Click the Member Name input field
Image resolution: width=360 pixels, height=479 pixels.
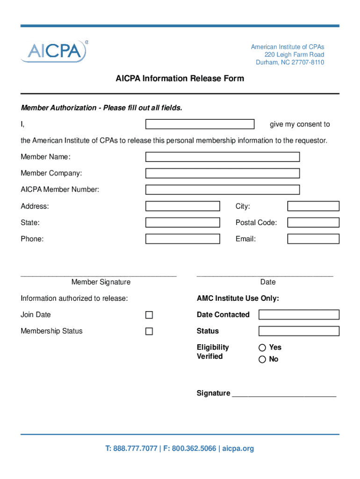[x=222, y=157]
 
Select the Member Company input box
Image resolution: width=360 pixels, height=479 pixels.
[x=222, y=173]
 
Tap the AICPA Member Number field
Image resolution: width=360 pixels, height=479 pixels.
[x=222, y=189]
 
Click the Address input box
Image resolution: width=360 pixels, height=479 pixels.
[x=182, y=206]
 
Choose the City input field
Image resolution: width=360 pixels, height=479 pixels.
[x=313, y=206]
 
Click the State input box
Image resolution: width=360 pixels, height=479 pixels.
[x=182, y=223]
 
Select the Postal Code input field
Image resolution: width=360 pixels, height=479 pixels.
[x=313, y=223]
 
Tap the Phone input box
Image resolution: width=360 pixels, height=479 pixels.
[x=182, y=239]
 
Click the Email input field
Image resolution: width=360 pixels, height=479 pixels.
[x=313, y=239]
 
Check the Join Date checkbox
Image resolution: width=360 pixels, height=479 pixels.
[x=149, y=315]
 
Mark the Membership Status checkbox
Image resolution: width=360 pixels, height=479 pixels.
[x=149, y=332]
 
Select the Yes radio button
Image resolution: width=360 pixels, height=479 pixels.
[x=262, y=348]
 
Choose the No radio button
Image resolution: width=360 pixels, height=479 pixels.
[x=262, y=360]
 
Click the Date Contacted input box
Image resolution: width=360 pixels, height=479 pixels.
[x=299, y=315]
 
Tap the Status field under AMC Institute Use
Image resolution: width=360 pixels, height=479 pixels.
[x=299, y=331]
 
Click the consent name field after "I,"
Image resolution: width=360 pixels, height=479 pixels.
[x=200, y=124]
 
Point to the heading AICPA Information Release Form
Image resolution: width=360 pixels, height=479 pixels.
[x=180, y=79]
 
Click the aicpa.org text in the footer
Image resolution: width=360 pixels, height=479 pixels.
[x=238, y=449]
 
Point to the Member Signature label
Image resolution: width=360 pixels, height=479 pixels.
[x=101, y=282]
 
